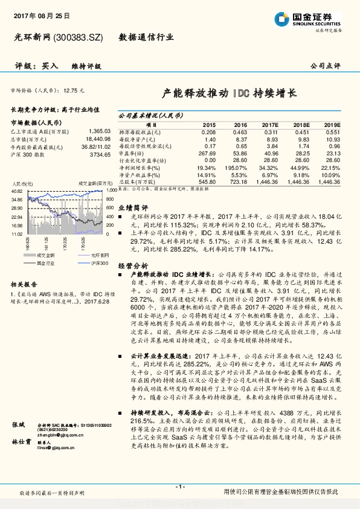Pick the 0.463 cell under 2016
pyautogui.click(x=240, y=132)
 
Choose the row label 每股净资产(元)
pyautogui.click(x=140, y=139)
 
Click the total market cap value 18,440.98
pyautogui.click(x=97, y=139)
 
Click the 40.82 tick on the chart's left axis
pyautogui.click(x=17, y=191)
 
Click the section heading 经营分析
pyautogui.click(x=132, y=265)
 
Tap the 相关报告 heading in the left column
pyautogui.click(x=24, y=284)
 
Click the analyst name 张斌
pyautogui.click(x=19, y=426)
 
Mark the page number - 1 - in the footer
pyautogui.click(x=179, y=487)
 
